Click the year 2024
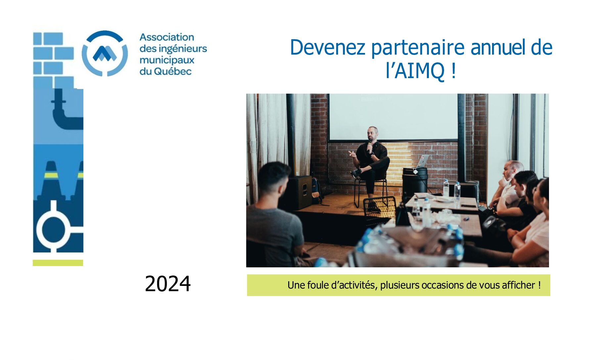coord(168,284)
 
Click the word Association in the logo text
coord(167,37)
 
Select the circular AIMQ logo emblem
coord(105,53)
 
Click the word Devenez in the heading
coord(328,47)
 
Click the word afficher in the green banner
coord(518,285)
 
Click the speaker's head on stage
coord(373,133)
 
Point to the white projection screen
coord(393,117)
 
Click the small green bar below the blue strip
coord(58,263)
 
